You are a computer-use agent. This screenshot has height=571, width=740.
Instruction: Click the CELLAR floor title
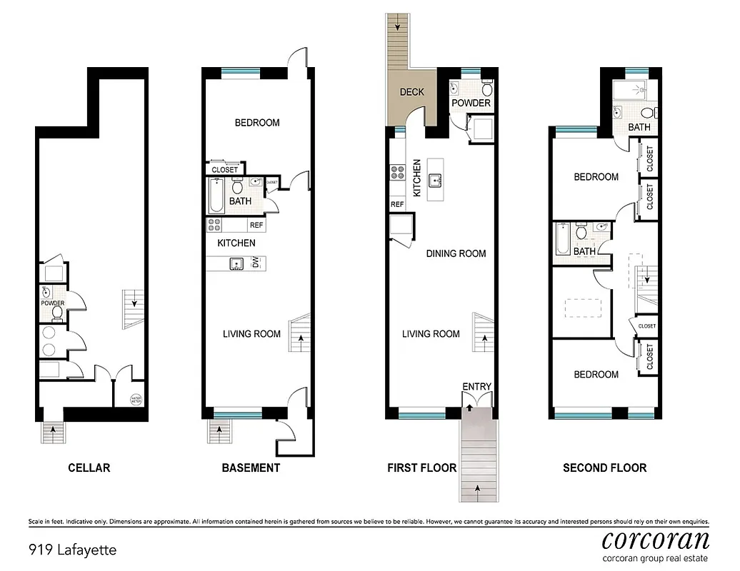pyautogui.click(x=89, y=468)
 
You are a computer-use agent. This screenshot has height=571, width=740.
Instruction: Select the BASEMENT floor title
pyautogui.click(x=250, y=468)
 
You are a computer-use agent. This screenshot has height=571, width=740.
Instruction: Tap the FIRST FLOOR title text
pyautogui.click(x=421, y=468)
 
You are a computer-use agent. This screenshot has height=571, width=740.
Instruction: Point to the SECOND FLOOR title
pyautogui.click(x=604, y=468)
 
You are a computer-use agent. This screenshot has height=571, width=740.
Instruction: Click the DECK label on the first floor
pyautogui.click(x=411, y=92)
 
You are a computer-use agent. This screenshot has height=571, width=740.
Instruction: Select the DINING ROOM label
pyautogui.click(x=456, y=253)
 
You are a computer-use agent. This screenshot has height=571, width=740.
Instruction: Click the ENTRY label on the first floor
pyautogui.click(x=476, y=387)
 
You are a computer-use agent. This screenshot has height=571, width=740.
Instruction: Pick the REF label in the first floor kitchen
pyautogui.click(x=397, y=205)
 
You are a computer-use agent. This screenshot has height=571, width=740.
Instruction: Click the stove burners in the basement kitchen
pyautogui.click(x=215, y=225)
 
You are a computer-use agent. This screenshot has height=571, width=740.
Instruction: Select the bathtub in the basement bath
pyautogui.click(x=216, y=195)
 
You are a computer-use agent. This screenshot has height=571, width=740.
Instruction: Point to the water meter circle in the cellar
pyautogui.click(x=136, y=399)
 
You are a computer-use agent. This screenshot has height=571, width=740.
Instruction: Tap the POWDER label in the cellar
pyautogui.click(x=52, y=303)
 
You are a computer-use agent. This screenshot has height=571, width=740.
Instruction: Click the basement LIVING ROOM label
pyautogui.click(x=251, y=334)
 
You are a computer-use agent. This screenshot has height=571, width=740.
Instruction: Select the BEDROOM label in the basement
pyautogui.click(x=257, y=123)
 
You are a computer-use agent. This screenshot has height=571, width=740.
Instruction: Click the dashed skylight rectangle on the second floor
pyautogui.click(x=582, y=307)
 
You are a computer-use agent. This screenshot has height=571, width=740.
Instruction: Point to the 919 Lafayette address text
pyautogui.click(x=72, y=550)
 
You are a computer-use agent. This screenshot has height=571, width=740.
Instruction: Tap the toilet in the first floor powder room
pyautogui.click(x=487, y=91)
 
